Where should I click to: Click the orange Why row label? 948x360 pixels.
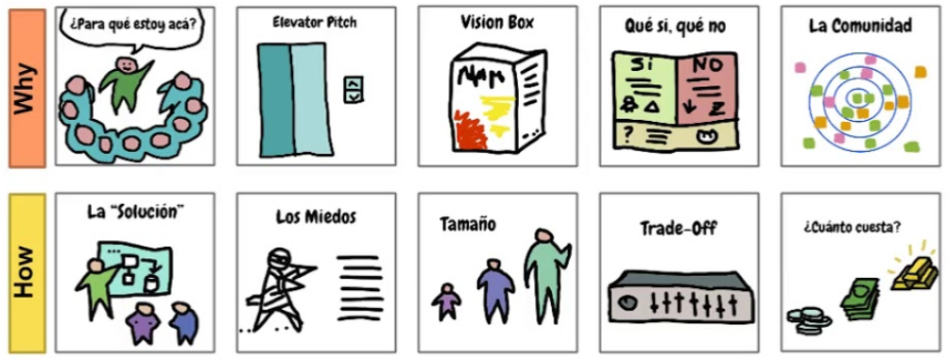[27, 88]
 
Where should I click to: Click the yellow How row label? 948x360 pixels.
[27, 273]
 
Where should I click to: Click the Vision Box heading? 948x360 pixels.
[497, 23]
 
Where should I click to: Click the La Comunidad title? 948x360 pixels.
[860, 26]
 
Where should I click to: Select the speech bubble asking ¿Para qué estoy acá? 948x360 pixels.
[131, 27]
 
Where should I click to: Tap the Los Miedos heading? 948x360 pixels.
[316, 216]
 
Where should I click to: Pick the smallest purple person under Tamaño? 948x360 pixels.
[447, 301]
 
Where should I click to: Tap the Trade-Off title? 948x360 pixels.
[679, 229]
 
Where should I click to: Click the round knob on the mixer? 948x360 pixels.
[628, 300]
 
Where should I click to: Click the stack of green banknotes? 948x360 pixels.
[861, 300]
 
